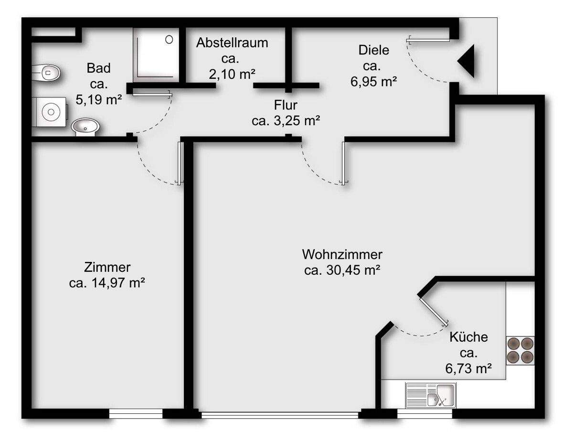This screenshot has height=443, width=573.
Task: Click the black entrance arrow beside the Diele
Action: point(467,61)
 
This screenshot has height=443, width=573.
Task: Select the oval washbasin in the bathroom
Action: point(85,127)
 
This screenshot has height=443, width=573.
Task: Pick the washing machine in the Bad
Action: point(50,112)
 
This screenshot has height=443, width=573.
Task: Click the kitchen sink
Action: point(431,395)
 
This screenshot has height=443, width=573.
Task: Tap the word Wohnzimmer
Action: point(342,253)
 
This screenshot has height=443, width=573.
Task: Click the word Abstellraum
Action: point(232,43)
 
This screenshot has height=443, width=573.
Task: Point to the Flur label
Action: point(286,105)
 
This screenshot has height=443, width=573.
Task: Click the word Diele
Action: point(374,50)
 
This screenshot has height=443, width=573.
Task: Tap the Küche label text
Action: point(468,337)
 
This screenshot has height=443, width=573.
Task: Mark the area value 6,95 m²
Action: point(374,82)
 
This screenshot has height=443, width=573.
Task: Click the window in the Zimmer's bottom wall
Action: point(136,414)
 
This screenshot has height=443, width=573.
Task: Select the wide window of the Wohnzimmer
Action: point(280,415)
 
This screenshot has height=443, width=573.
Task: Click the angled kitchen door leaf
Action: point(433,311)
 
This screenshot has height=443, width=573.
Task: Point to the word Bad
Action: point(98,68)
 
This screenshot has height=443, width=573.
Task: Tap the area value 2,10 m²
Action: point(232,75)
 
